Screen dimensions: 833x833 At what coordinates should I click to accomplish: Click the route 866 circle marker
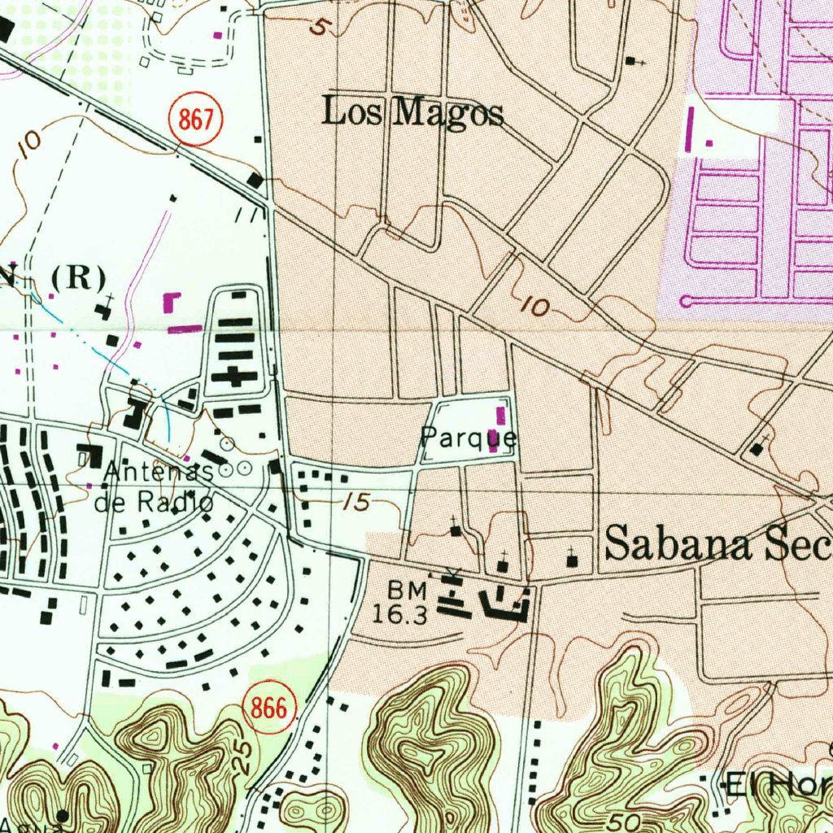pyautogui.click(x=269, y=709)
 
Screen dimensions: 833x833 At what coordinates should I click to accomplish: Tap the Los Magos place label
pyautogui.click(x=412, y=112)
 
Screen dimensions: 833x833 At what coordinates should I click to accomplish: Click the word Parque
pyautogui.click(x=468, y=438)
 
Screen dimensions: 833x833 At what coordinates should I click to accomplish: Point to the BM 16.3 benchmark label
pyautogui.click(x=401, y=602)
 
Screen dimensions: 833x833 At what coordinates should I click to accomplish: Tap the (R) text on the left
pyautogui.click(x=78, y=278)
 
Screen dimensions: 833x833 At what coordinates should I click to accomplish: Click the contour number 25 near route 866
pyautogui.click(x=242, y=757)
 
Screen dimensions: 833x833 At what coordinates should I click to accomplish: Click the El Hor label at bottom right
pyautogui.click(x=778, y=786)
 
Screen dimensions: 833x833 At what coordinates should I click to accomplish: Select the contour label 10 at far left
pyautogui.click(x=29, y=143)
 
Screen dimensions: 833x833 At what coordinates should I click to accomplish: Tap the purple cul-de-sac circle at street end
pyautogui.click(x=685, y=302)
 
